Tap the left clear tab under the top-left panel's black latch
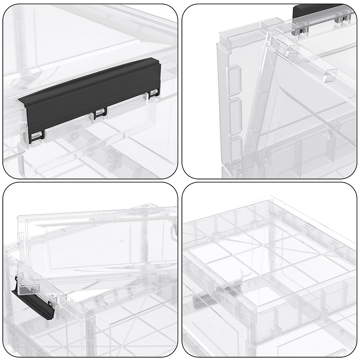point(37,136)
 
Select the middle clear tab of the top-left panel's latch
point(100,113)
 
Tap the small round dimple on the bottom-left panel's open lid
point(121,241)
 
